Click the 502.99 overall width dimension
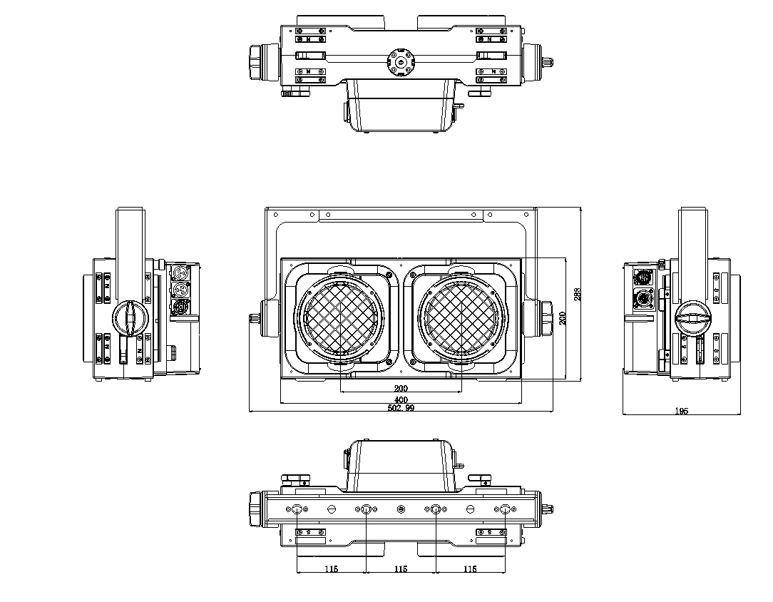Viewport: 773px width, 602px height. [x=401, y=409]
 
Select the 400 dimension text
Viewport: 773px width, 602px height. [x=401, y=400]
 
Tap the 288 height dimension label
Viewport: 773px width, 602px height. [x=578, y=294]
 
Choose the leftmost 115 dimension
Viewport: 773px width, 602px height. [x=331, y=569]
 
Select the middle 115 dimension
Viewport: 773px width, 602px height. [x=400, y=569]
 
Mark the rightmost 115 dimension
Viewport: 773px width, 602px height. [x=470, y=569]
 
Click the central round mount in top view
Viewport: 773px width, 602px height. [x=401, y=62]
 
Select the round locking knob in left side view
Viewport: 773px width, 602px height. [x=129, y=317]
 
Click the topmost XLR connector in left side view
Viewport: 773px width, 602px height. [x=180, y=272]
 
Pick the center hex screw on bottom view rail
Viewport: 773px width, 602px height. [x=400, y=509]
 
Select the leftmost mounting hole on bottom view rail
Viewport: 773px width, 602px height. [x=297, y=509]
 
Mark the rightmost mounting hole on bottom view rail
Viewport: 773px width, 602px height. [x=505, y=509]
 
